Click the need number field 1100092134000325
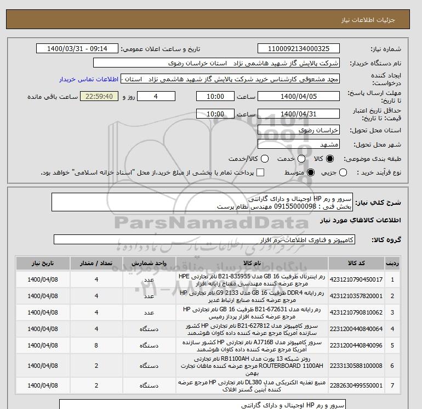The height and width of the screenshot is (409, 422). pyautogui.click(x=298, y=49)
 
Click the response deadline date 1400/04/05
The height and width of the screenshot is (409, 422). pyautogui.click(x=298, y=97)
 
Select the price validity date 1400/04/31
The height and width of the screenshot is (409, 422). pyautogui.click(x=298, y=114)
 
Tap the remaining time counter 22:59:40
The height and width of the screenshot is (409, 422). pyautogui.click(x=99, y=97)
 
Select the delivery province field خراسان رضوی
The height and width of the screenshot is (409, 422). pyautogui.click(x=298, y=130)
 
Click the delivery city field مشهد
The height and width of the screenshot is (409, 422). pyautogui.click(x=298, y=145)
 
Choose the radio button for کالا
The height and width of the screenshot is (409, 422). pyautogui.click(x=329, y=159)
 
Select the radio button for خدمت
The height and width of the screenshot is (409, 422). pyautogui.click(x=295, y=159)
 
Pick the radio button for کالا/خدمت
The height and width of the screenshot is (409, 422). pyautogui.click(x=265, y=159)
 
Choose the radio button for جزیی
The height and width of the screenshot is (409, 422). pyautogui.click(x=343, y=172)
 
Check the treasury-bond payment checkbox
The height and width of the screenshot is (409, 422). pyautogui.click(x=260, y=172)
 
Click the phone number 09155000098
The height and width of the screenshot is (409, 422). pyautogui.click(x=287, y=207)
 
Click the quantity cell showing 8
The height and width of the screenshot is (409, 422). pyautogui.click(x=96, y=345)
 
